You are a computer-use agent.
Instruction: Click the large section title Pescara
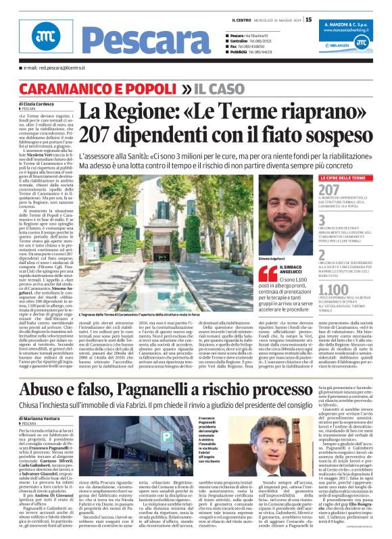89,41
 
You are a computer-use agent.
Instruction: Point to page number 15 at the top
309,20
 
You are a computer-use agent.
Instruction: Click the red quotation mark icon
268,273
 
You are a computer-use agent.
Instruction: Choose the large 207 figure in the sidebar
329,190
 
